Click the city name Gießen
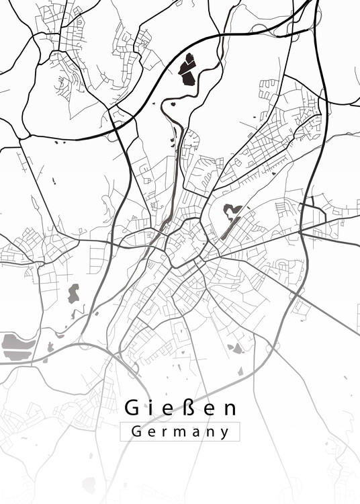tap(180, 408)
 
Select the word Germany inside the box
tap(180, 432)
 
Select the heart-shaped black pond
tap(232, 212)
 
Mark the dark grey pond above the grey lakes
tap(73, 293)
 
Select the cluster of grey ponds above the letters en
tap(235, 348)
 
